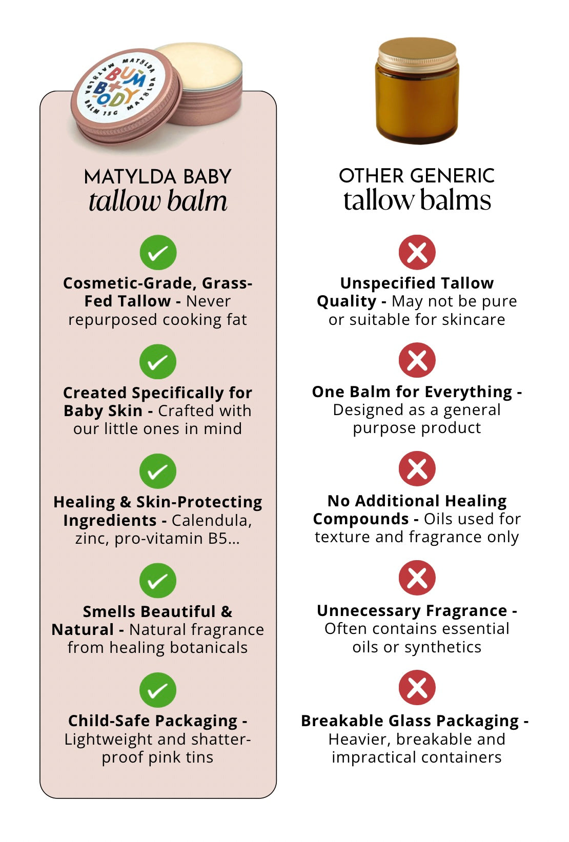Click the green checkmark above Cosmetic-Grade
158,252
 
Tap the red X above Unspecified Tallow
417,252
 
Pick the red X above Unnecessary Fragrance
417,578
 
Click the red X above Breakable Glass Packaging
417,688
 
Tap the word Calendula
212,520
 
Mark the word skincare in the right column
473,319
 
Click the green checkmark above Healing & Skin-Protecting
158,471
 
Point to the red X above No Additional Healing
417,468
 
